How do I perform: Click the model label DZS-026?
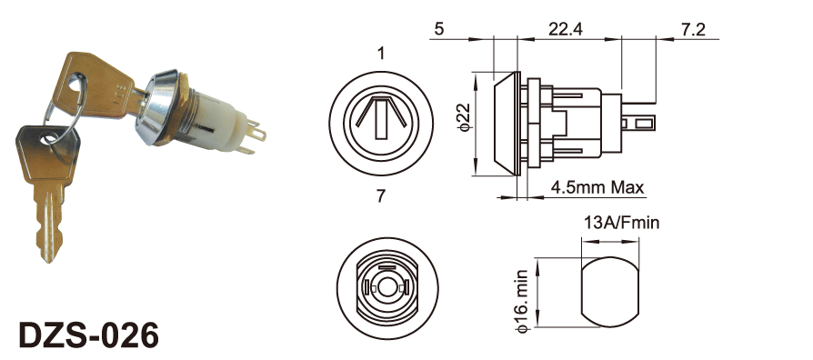click(x=88, y=335)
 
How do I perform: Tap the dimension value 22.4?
click(x=565, y=29)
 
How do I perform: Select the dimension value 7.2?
click(x=693, y=29)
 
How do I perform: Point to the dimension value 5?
click(x=439, y=29)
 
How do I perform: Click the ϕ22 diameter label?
click(x=463, y=117)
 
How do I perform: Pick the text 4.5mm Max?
click(x=597, y=186)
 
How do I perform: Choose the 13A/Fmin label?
click(x=622, y=223)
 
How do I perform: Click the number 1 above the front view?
click(x=382, y=53)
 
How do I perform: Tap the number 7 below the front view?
click(x=381, y=196)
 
